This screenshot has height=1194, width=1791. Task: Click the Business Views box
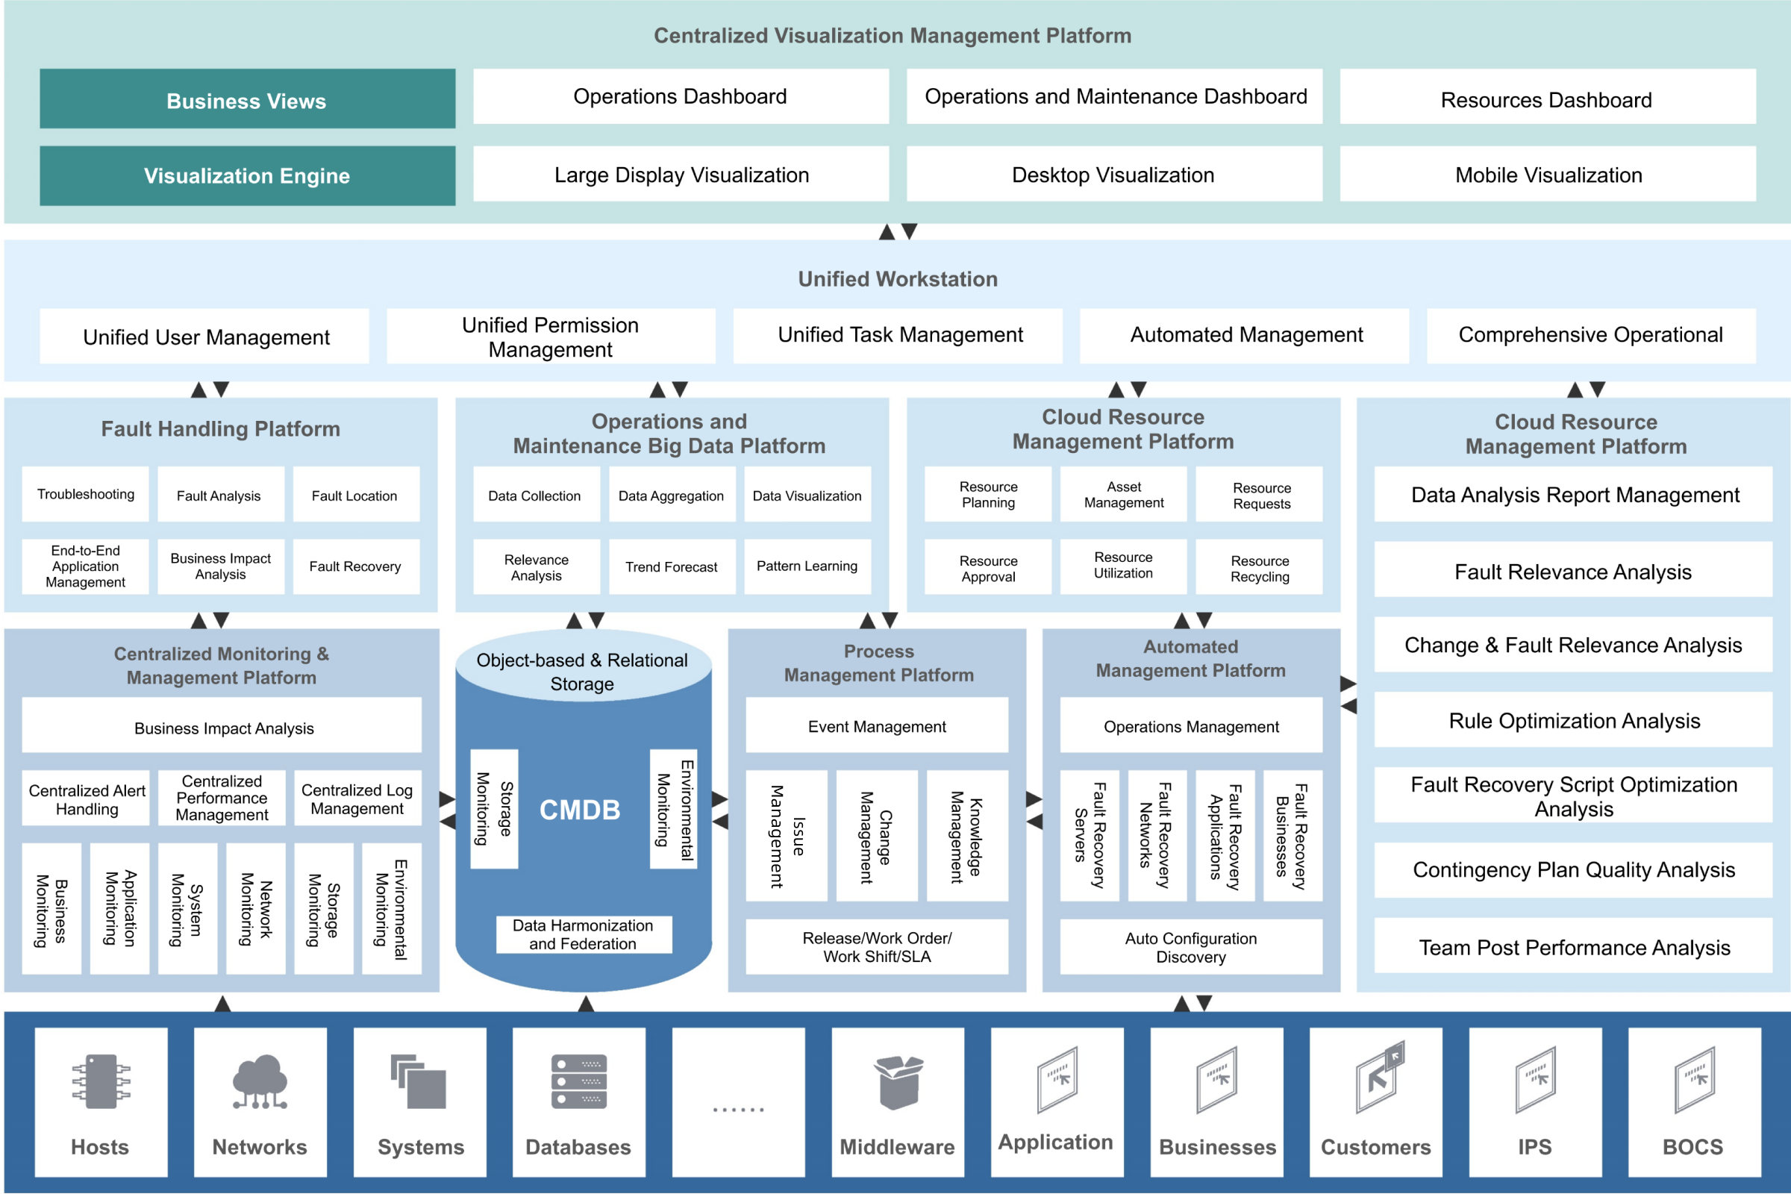(248, 99)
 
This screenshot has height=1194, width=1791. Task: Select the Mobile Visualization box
(1548, 175)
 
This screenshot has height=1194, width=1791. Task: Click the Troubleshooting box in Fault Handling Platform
(85, 494)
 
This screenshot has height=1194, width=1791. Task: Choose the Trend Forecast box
(672, 566)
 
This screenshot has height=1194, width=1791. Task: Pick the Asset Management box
(1123, 494)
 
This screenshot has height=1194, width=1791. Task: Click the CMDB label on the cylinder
(581, 810)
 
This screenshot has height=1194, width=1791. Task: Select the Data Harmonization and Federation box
(584, 934)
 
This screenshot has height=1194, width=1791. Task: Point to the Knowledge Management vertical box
(967, 835)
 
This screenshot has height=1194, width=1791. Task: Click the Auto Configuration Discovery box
(1191, 946)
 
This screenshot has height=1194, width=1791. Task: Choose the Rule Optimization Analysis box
(1573, 720)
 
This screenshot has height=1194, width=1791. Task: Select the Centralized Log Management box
(357, 798)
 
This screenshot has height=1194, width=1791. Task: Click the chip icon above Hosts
(101, 1081)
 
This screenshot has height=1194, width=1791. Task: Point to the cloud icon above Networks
(260, 1081)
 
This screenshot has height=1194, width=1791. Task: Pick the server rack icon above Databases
(579, 1081)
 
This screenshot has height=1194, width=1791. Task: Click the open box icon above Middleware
(898, 1082)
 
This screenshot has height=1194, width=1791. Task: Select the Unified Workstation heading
(897, 278)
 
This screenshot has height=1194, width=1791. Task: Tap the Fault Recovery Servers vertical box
(1090, 835)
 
